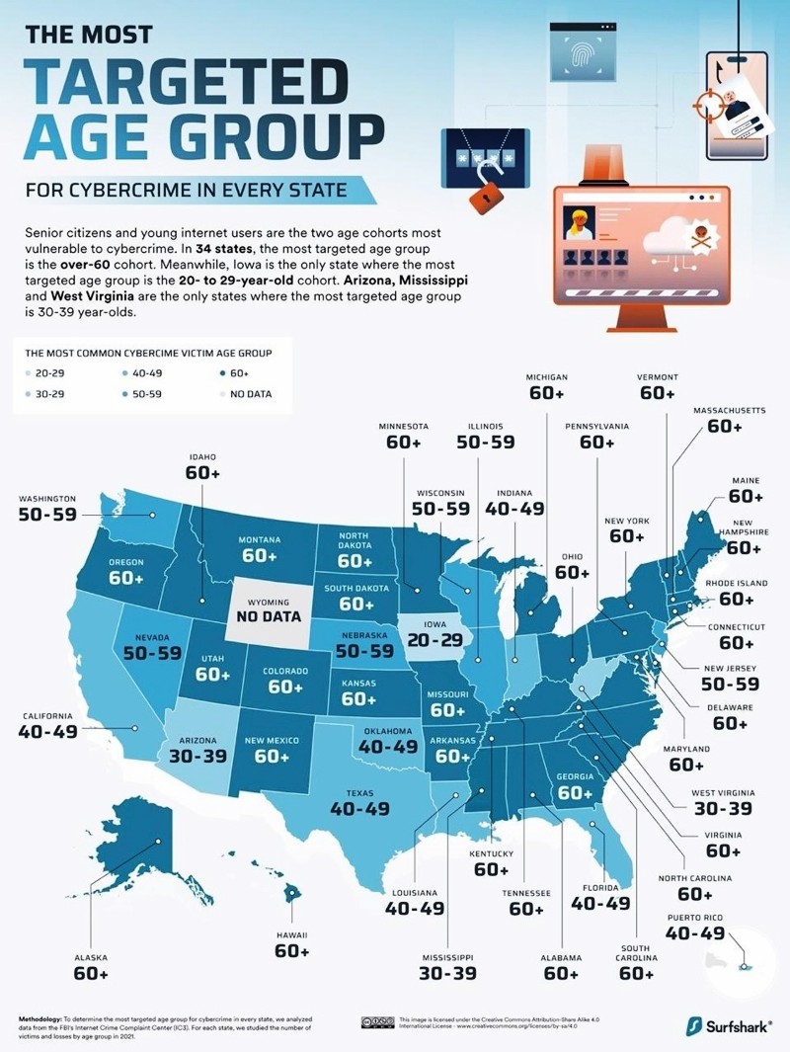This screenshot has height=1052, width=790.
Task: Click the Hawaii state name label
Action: [292, 933]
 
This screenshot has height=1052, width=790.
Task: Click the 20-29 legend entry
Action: [47, 373]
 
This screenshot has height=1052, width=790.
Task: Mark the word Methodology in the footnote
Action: [41, 1016]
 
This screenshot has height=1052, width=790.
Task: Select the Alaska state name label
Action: [90, 957]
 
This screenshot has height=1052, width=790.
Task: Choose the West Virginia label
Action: [695, 791]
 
